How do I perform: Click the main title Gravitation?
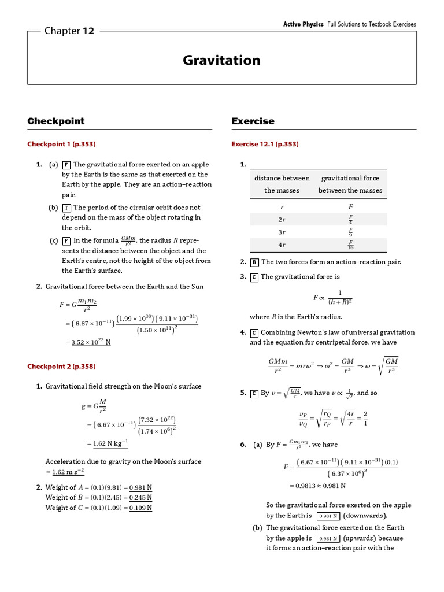(x=221, y=60)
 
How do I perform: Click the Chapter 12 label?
(x=69, y=31)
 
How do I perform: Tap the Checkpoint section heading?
(x=56, y=121)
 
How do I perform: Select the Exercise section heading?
(x=253, y=121)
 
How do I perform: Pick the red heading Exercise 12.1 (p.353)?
(x=265, y=144)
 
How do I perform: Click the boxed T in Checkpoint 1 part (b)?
(x=67, y=208)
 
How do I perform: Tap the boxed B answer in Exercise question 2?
(x=254, y=262)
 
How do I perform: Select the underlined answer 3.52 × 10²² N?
(x=91, y=342)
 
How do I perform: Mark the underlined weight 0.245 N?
(x=140, y=497)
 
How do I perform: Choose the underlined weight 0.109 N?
(x=140, y=508)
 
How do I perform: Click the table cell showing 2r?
(x=282, y=219)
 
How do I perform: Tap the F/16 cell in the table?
(x=350, y=245)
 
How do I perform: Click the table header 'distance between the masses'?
(x=282, y=184)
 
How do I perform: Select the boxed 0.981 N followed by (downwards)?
(x=328, y=516)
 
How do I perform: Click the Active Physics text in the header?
(x=303, y=24)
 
